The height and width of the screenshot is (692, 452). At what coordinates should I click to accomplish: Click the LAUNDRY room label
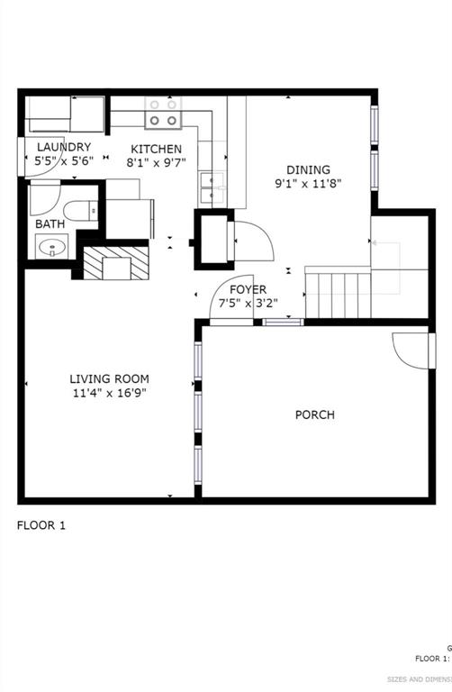point(63,147)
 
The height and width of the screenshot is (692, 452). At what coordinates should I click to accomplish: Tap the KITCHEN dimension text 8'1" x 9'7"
point(156,163)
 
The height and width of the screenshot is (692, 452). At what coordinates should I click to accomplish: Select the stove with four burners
point(163,112)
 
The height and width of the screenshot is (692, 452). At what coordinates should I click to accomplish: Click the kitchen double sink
point(212,187)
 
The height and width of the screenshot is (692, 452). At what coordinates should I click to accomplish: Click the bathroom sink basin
point(52,245)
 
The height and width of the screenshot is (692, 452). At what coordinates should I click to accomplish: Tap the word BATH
point(50,223)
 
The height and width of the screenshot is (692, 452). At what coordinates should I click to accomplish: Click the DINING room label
point(308,169)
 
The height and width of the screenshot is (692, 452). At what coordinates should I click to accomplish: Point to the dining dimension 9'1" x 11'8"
point(308,183)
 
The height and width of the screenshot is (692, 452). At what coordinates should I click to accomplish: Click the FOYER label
point(248,289)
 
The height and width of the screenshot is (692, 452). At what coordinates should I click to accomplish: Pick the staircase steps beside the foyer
point(337,293)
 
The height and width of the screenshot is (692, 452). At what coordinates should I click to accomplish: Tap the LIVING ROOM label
point(110,379)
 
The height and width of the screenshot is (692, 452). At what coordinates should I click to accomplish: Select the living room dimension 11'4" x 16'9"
point(110,393)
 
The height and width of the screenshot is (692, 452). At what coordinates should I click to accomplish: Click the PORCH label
point(315,414)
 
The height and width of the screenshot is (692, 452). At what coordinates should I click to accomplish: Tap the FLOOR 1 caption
point(41,524)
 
